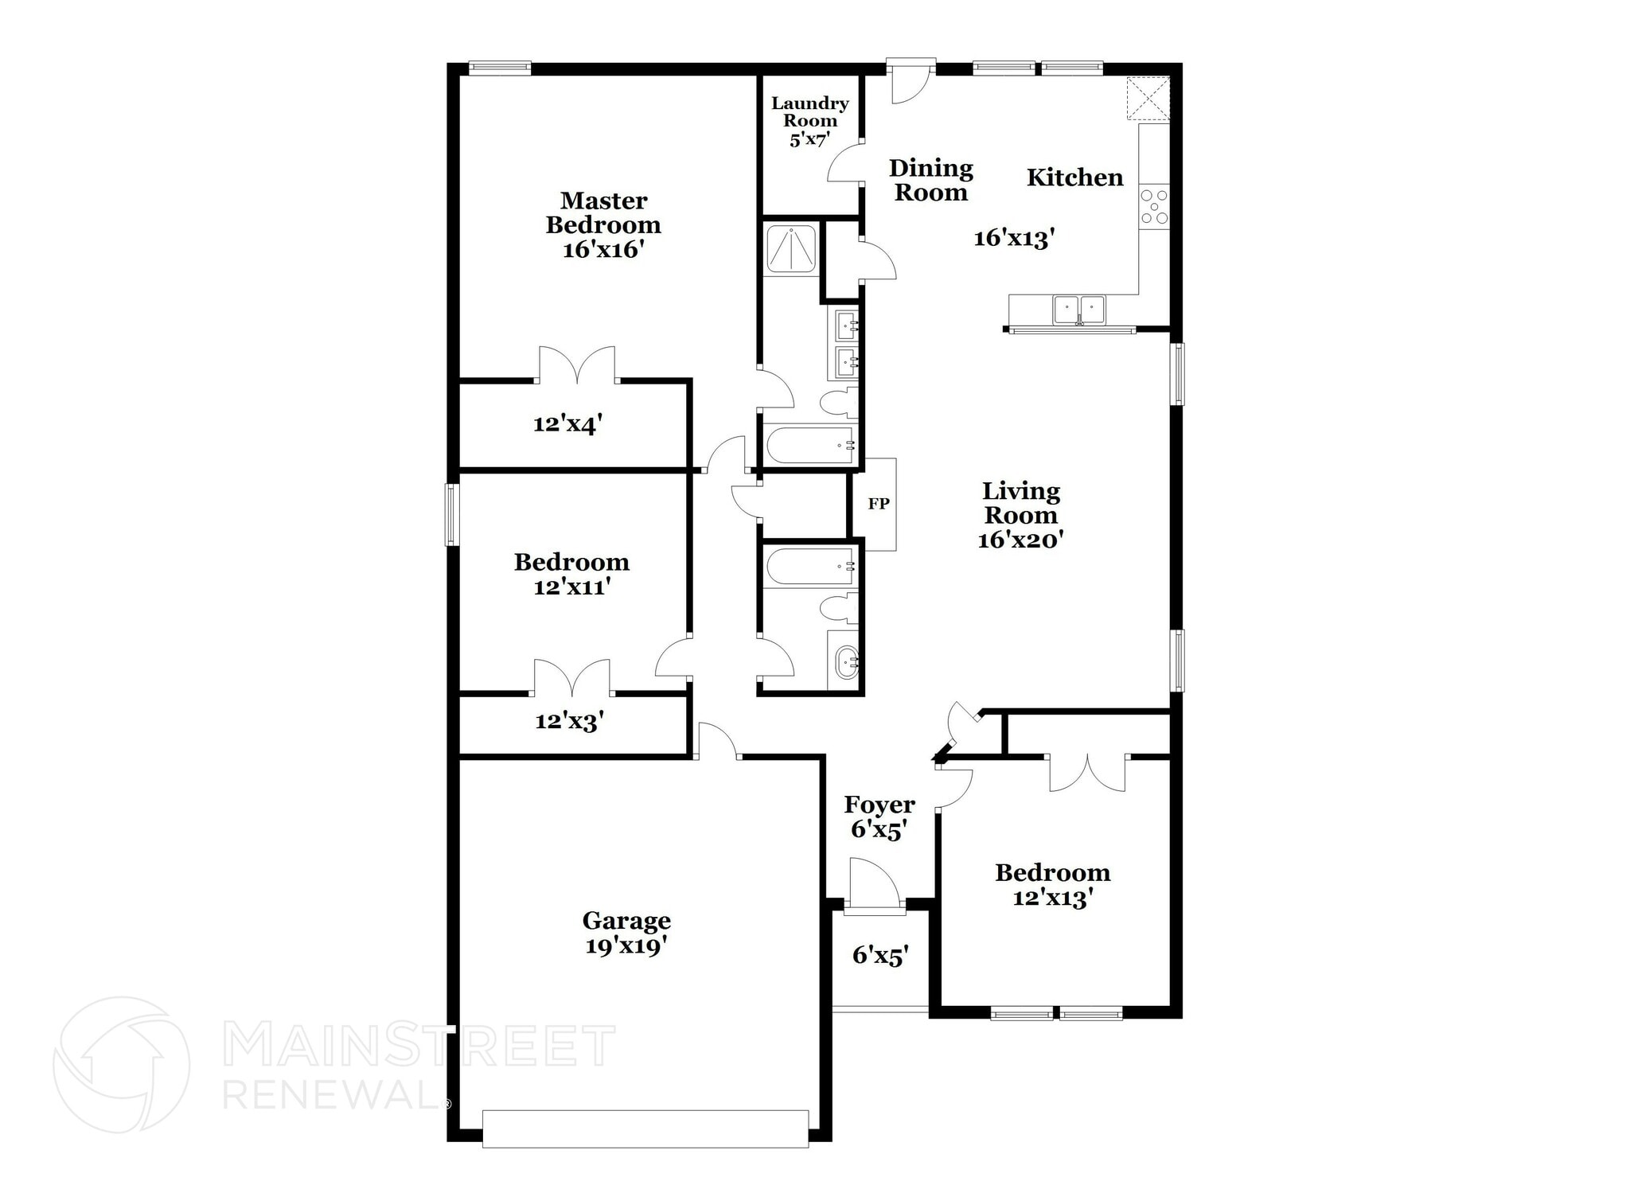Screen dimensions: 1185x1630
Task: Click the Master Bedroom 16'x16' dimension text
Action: [x=602, y=250]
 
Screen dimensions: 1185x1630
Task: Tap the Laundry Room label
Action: [x=809, y=112]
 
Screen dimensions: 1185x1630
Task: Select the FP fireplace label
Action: [x=878, y=504]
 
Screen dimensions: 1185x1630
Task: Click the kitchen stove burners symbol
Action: [x=1153, y=206]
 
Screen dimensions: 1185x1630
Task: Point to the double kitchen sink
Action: [x=1078, y=309]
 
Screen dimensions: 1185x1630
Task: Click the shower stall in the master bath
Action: [x=790, y=249]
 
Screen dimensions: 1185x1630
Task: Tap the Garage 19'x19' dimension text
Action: [x=626, y=946]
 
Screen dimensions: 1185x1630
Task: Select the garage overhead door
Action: [x=645, y=1128]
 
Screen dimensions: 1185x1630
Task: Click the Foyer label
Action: [x=879, y=805]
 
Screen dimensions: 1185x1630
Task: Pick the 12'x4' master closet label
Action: [x=567, y=424]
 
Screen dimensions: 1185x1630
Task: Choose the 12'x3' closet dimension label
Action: [x=569, y=722]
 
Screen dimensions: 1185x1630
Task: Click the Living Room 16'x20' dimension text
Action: [x=1020, y=540]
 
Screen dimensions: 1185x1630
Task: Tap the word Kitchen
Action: [x=1074, y=177]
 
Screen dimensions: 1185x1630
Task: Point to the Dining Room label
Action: [x=930, y=180]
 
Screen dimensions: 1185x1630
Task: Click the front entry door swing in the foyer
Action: [x=874, y=882]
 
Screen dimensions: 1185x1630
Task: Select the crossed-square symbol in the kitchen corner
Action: [x=1148, y=99]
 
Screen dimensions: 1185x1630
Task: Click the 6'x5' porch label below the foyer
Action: [x=880, y=955]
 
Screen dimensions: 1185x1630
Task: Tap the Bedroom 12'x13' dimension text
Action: [x=1052, y=898]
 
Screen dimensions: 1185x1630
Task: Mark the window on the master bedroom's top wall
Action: [x=499, y=68]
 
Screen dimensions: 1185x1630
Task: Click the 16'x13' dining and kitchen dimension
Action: [x=1014, y=238]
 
